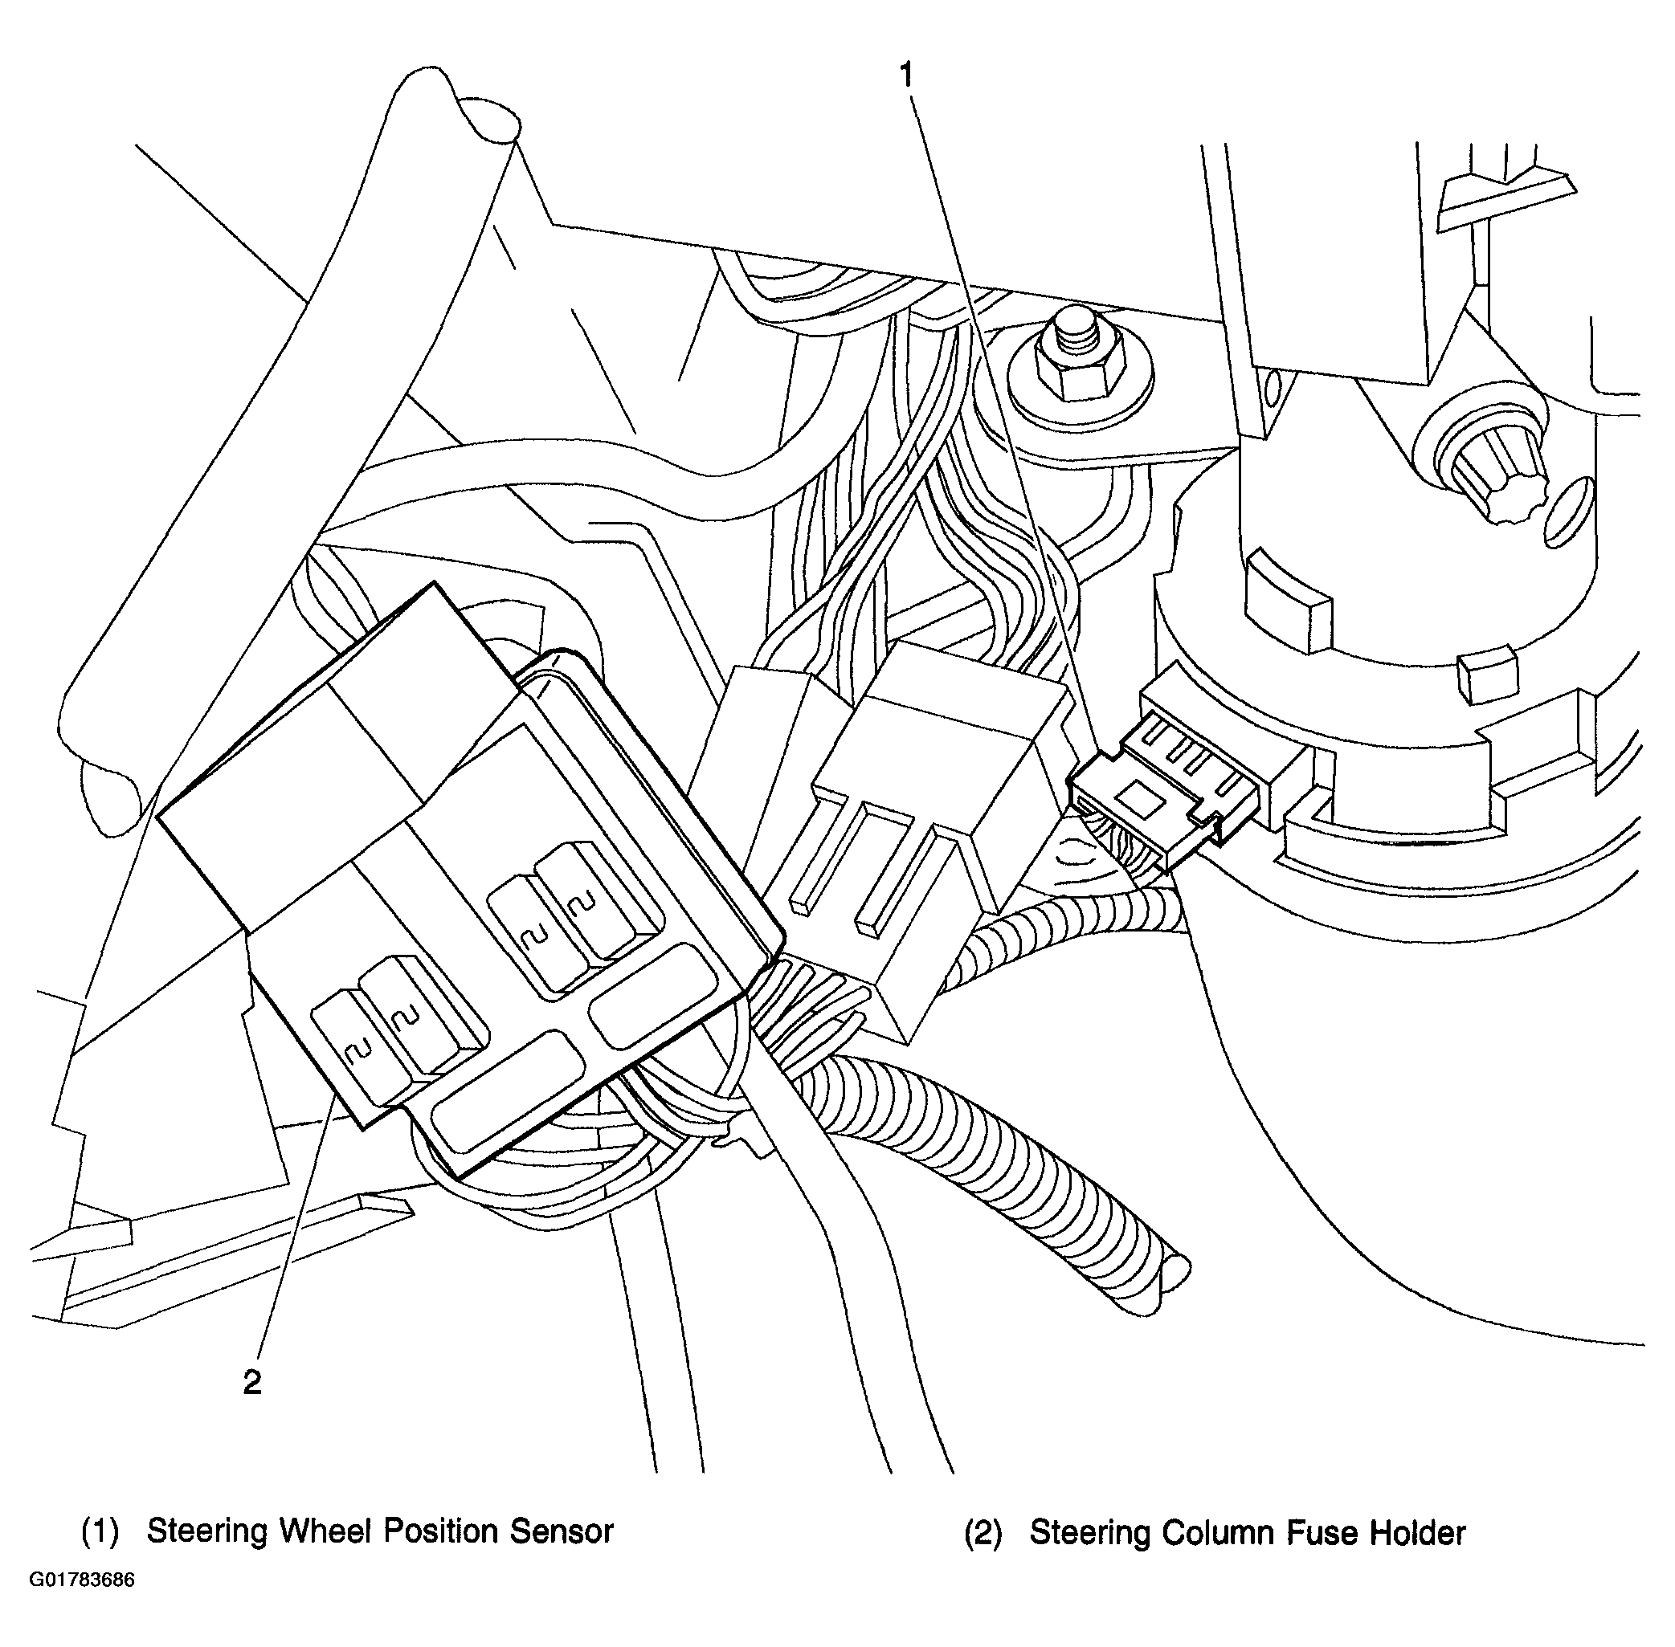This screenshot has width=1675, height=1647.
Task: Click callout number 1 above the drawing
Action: click(x=906, y=76)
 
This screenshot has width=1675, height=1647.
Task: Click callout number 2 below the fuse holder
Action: click(x=251, y=1383)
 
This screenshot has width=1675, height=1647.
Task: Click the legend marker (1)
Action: click(x=100, y=1532)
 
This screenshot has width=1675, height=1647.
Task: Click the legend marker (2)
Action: click(x=983, y=1534)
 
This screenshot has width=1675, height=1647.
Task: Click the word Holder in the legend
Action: click(x=1417, y=1533)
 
